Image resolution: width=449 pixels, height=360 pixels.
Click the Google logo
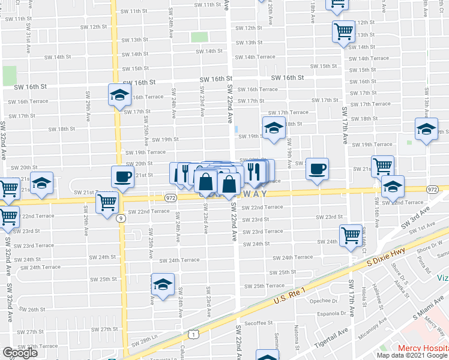(20, 353)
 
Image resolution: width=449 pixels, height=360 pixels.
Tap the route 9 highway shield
(122, 218)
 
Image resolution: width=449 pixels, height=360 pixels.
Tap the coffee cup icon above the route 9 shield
(122, 177)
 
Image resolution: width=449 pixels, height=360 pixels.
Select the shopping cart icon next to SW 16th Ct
(351, 235)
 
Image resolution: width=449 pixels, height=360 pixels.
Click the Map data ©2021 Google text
(411, 355)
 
